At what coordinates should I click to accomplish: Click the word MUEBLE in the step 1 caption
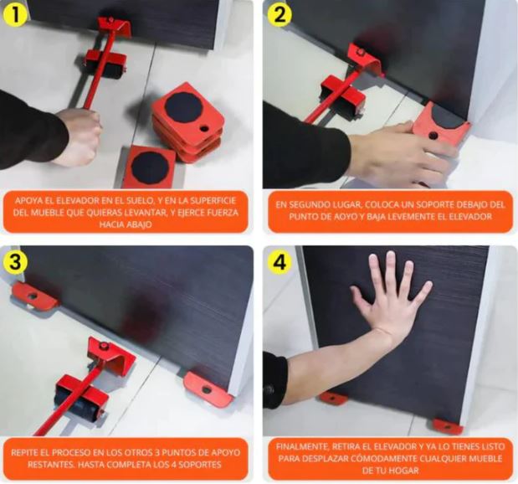coord(56,214)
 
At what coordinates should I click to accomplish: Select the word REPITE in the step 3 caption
coord(28,451)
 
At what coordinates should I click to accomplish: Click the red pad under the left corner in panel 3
coord(34,295)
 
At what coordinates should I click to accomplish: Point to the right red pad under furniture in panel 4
coord(447,427)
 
